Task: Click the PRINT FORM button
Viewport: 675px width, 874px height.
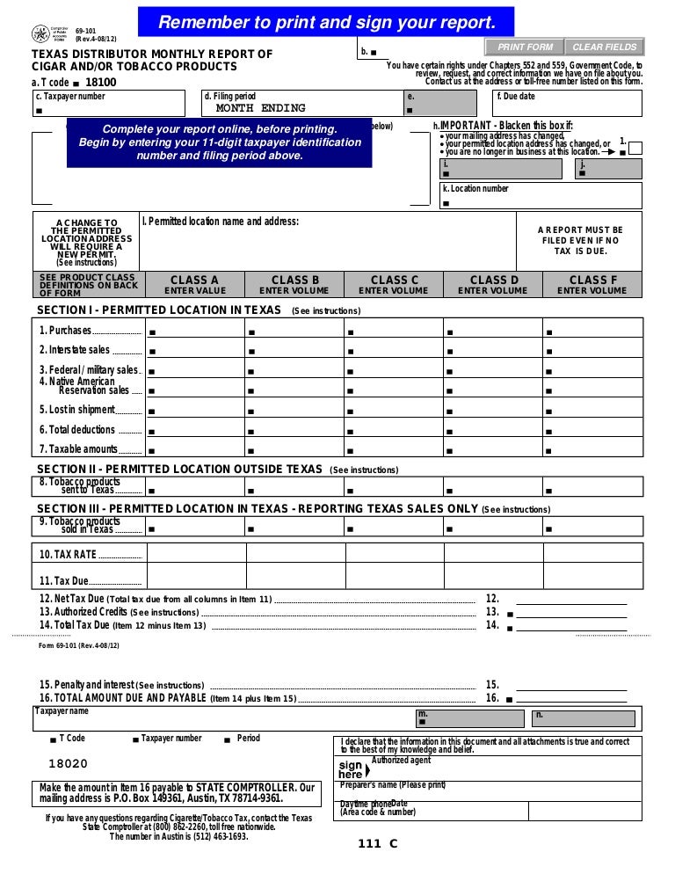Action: pos(526,47)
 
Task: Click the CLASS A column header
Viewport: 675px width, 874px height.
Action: pos(195,284)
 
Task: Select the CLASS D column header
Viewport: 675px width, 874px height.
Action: pos(493,284)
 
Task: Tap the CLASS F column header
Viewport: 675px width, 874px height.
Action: pos(592,284)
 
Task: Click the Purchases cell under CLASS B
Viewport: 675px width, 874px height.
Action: pos(294,331)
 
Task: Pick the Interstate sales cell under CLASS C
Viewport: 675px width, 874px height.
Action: pos(394,350)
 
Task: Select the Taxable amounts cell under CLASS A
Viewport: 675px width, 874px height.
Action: pos(195,449)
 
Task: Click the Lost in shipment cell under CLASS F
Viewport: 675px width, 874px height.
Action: pos(592,410)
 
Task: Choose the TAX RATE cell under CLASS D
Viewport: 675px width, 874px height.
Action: pos(493,553)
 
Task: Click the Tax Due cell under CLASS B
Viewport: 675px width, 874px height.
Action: pos(294,580)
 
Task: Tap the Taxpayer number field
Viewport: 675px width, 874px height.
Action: pos(109,109)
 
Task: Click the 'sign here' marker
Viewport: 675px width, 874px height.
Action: pos(351,769)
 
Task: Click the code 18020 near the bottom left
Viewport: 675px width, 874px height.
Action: pos(68,765)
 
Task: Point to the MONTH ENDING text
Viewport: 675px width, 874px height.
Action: pos(260,108)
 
